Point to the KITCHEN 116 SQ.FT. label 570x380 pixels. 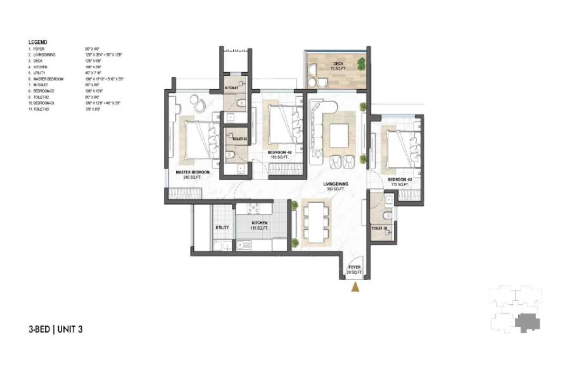click(260, 225)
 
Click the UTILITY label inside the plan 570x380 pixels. click(222, 228)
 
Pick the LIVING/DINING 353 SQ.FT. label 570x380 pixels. click(336, 186)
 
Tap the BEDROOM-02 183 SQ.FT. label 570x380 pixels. click(279, 154)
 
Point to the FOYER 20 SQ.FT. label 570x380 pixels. click(354, 270)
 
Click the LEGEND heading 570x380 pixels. click(37, 42)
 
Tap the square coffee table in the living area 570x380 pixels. click(340, 135)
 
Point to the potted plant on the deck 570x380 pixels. click(362, 63)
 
